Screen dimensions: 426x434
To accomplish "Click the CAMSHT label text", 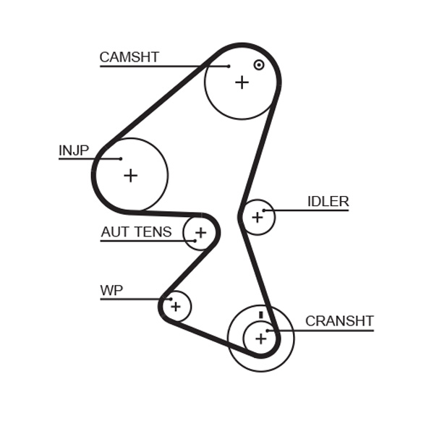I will (x=129, y=57).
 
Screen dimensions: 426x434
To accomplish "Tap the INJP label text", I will (x=73, y=150).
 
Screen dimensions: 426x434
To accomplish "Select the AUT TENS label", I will (x=136, y=232).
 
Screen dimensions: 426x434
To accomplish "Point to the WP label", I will (x=111, y=291).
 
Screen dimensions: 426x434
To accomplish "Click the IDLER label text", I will (x=328, y=202).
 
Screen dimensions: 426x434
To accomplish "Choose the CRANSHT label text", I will (x=339, y=321).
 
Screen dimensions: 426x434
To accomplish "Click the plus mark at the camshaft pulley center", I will (x=242, y=82).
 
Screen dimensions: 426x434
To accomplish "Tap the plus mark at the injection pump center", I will (x=130, y=175).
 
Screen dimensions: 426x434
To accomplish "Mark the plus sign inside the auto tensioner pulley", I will (x=200, y=233).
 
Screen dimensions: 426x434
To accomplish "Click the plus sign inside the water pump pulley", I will (x=176, y=307).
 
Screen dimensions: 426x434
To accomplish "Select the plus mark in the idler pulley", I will (x=257, y=217).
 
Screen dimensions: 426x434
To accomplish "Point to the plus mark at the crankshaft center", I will (x=260, y=338).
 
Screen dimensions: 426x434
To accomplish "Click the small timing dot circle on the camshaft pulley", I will (x=258, y=65).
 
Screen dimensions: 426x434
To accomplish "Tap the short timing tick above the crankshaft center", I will (x=260, y=315).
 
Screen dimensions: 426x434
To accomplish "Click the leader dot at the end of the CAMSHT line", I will (x=229, y=67).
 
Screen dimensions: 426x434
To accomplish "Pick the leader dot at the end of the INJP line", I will (x=121, y=159).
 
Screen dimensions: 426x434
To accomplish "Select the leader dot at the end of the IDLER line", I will (x=265, y=210).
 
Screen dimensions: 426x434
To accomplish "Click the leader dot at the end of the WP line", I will (x=170, y=299).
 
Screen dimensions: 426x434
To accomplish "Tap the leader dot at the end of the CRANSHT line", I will (x=268, y=331).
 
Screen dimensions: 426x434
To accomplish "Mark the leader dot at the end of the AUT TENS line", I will (x=195, y=241).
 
